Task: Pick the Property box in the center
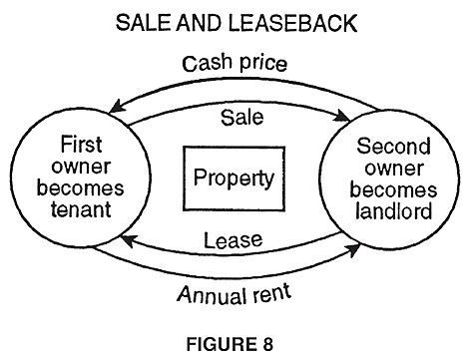(234, 180)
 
